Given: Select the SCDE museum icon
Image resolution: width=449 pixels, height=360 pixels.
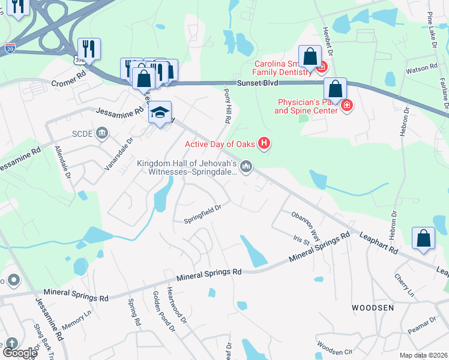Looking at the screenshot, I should [x=103, y=133].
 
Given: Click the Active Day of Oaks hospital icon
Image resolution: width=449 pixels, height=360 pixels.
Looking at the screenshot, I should [x=263, y=143].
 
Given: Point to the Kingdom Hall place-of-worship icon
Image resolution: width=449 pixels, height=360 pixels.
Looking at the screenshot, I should [x=246, y=166].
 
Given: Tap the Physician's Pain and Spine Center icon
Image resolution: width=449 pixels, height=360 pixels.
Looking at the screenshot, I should [x=346, y=106].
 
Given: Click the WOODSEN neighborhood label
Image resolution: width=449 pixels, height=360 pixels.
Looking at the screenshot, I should [x=373, y=308].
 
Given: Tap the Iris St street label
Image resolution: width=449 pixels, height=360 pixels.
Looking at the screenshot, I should [x=301, y=242].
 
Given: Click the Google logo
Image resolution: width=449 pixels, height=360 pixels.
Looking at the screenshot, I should [x=20, y=353].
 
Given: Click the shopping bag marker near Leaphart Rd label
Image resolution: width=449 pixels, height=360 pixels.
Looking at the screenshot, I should [x=424, y=239].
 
